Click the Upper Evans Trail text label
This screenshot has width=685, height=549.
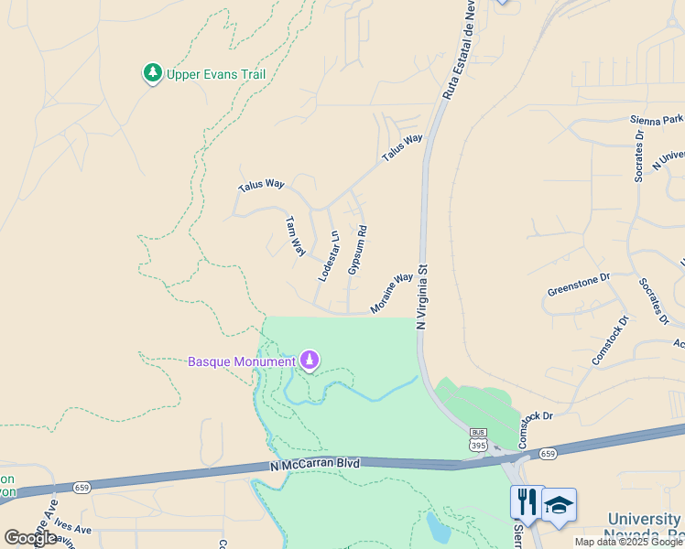[216, 74]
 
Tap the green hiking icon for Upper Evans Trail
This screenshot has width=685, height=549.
[152, 73]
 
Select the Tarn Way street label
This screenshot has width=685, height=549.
[295, 236]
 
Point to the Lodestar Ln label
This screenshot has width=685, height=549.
[329, 255]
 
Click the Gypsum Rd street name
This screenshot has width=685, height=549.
[357, 250]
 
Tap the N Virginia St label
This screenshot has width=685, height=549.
[422, 297]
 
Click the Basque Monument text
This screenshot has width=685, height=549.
[242, 361]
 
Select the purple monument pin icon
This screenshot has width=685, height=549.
[310, 361]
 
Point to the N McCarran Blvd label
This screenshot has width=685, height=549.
[316, 465]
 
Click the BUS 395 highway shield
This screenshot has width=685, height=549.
[478, 439]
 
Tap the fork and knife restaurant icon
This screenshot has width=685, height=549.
[527, 502]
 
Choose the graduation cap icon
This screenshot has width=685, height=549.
[559, 503]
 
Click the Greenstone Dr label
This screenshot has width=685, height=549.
[578, 284]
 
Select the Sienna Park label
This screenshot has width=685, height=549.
[657, 119]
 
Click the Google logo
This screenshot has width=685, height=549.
[30, 538]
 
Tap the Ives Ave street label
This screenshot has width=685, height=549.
[71, 528]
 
